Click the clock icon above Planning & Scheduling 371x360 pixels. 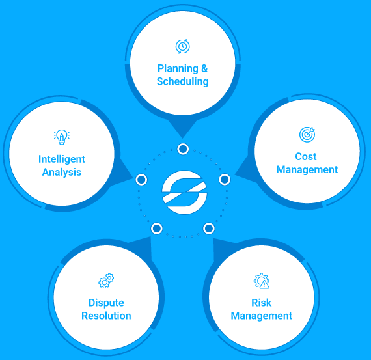click(x=182, y=46)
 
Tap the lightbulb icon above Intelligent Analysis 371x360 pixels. click(x=62, y=137)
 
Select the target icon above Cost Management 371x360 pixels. click(x=307, y=135)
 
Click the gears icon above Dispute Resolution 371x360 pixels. click(x=106, y=281)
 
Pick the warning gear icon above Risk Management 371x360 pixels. click(x=262, y=281)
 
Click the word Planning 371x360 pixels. click(x=178, y=68)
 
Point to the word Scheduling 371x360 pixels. click(x=183, y=81)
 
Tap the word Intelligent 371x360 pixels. click(x=62, y=159)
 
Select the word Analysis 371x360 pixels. click(x=62, y=172)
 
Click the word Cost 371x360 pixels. click(x=306, y=156)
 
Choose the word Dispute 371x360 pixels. click(x=106, y=303)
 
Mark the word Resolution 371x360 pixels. click(x=106, y=316)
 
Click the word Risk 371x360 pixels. click(x=261, y=303)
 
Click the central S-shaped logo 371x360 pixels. click(x=185, y=192)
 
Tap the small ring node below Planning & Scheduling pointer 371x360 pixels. click(x=183, y=149)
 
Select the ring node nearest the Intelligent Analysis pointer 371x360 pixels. click(x=141, y=180)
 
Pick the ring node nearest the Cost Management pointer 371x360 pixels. click(x=225, y=180)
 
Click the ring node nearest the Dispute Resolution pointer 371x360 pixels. click(x=157, y=228)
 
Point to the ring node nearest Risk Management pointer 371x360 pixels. click(x=209, y=228)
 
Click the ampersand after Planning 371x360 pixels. click(x=204, y=68)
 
